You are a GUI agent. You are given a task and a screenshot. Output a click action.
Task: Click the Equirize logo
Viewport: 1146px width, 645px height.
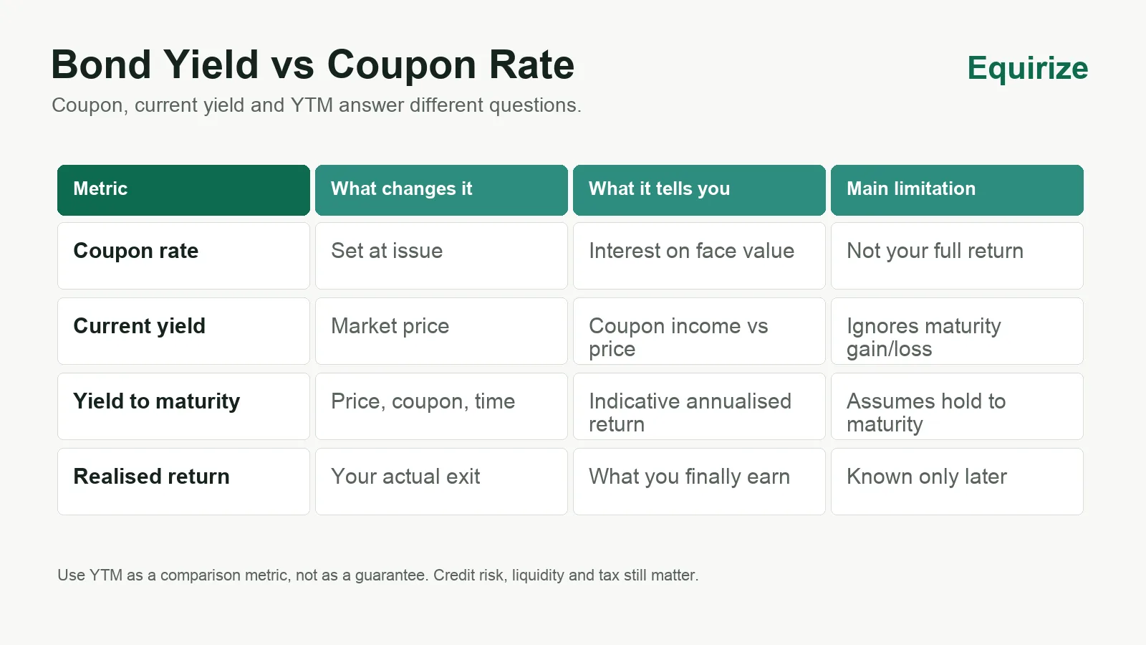click(x=1027, y=68)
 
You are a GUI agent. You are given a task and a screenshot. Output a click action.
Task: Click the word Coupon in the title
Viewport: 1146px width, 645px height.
click(x=402, y=65)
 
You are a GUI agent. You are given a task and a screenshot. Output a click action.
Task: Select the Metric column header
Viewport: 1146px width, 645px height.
click(x=183, y=190)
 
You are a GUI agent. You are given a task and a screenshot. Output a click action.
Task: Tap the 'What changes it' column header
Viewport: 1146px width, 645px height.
click(x=441, y=190)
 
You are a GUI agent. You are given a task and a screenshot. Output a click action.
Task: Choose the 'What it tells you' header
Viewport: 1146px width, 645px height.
click(x=699, y=190)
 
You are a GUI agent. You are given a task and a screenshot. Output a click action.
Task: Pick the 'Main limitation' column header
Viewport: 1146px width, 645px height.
click(x=957, y=190)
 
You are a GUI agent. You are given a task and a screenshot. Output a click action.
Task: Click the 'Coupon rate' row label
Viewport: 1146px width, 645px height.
click(x=135, y=251)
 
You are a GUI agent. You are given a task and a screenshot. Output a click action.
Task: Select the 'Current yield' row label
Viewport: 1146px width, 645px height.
click(x=139, y=326)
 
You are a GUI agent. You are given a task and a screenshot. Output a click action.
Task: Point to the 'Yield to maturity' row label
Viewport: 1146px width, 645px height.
click(x=157, y=401)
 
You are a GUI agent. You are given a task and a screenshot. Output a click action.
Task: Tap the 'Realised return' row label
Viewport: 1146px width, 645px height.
click(x=151, y=477)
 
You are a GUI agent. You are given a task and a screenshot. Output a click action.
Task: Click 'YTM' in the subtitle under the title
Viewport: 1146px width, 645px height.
click(x=312, y=105)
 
